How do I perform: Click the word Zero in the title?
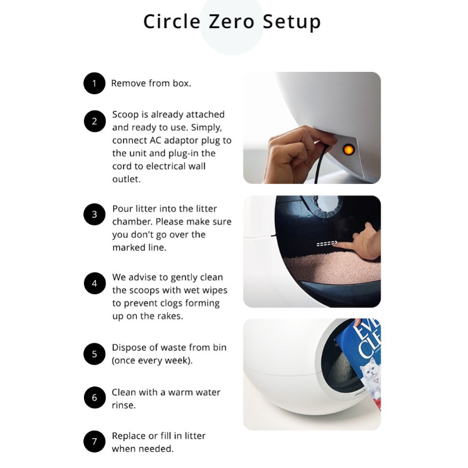point(231,21)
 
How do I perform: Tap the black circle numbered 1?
point(94,83)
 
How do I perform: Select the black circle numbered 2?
point(95,121)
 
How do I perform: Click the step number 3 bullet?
point(94,214)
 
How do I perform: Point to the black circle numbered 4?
point(95,283)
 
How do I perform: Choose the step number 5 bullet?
point(94,354)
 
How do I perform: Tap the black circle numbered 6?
point(95,397)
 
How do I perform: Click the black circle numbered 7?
point(94,442)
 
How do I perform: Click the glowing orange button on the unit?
point(348,149)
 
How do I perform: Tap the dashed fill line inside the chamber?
point(327,244)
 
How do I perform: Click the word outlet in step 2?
point(126,179)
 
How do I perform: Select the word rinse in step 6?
point(124,405)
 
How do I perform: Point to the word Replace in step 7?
point(129,436)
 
